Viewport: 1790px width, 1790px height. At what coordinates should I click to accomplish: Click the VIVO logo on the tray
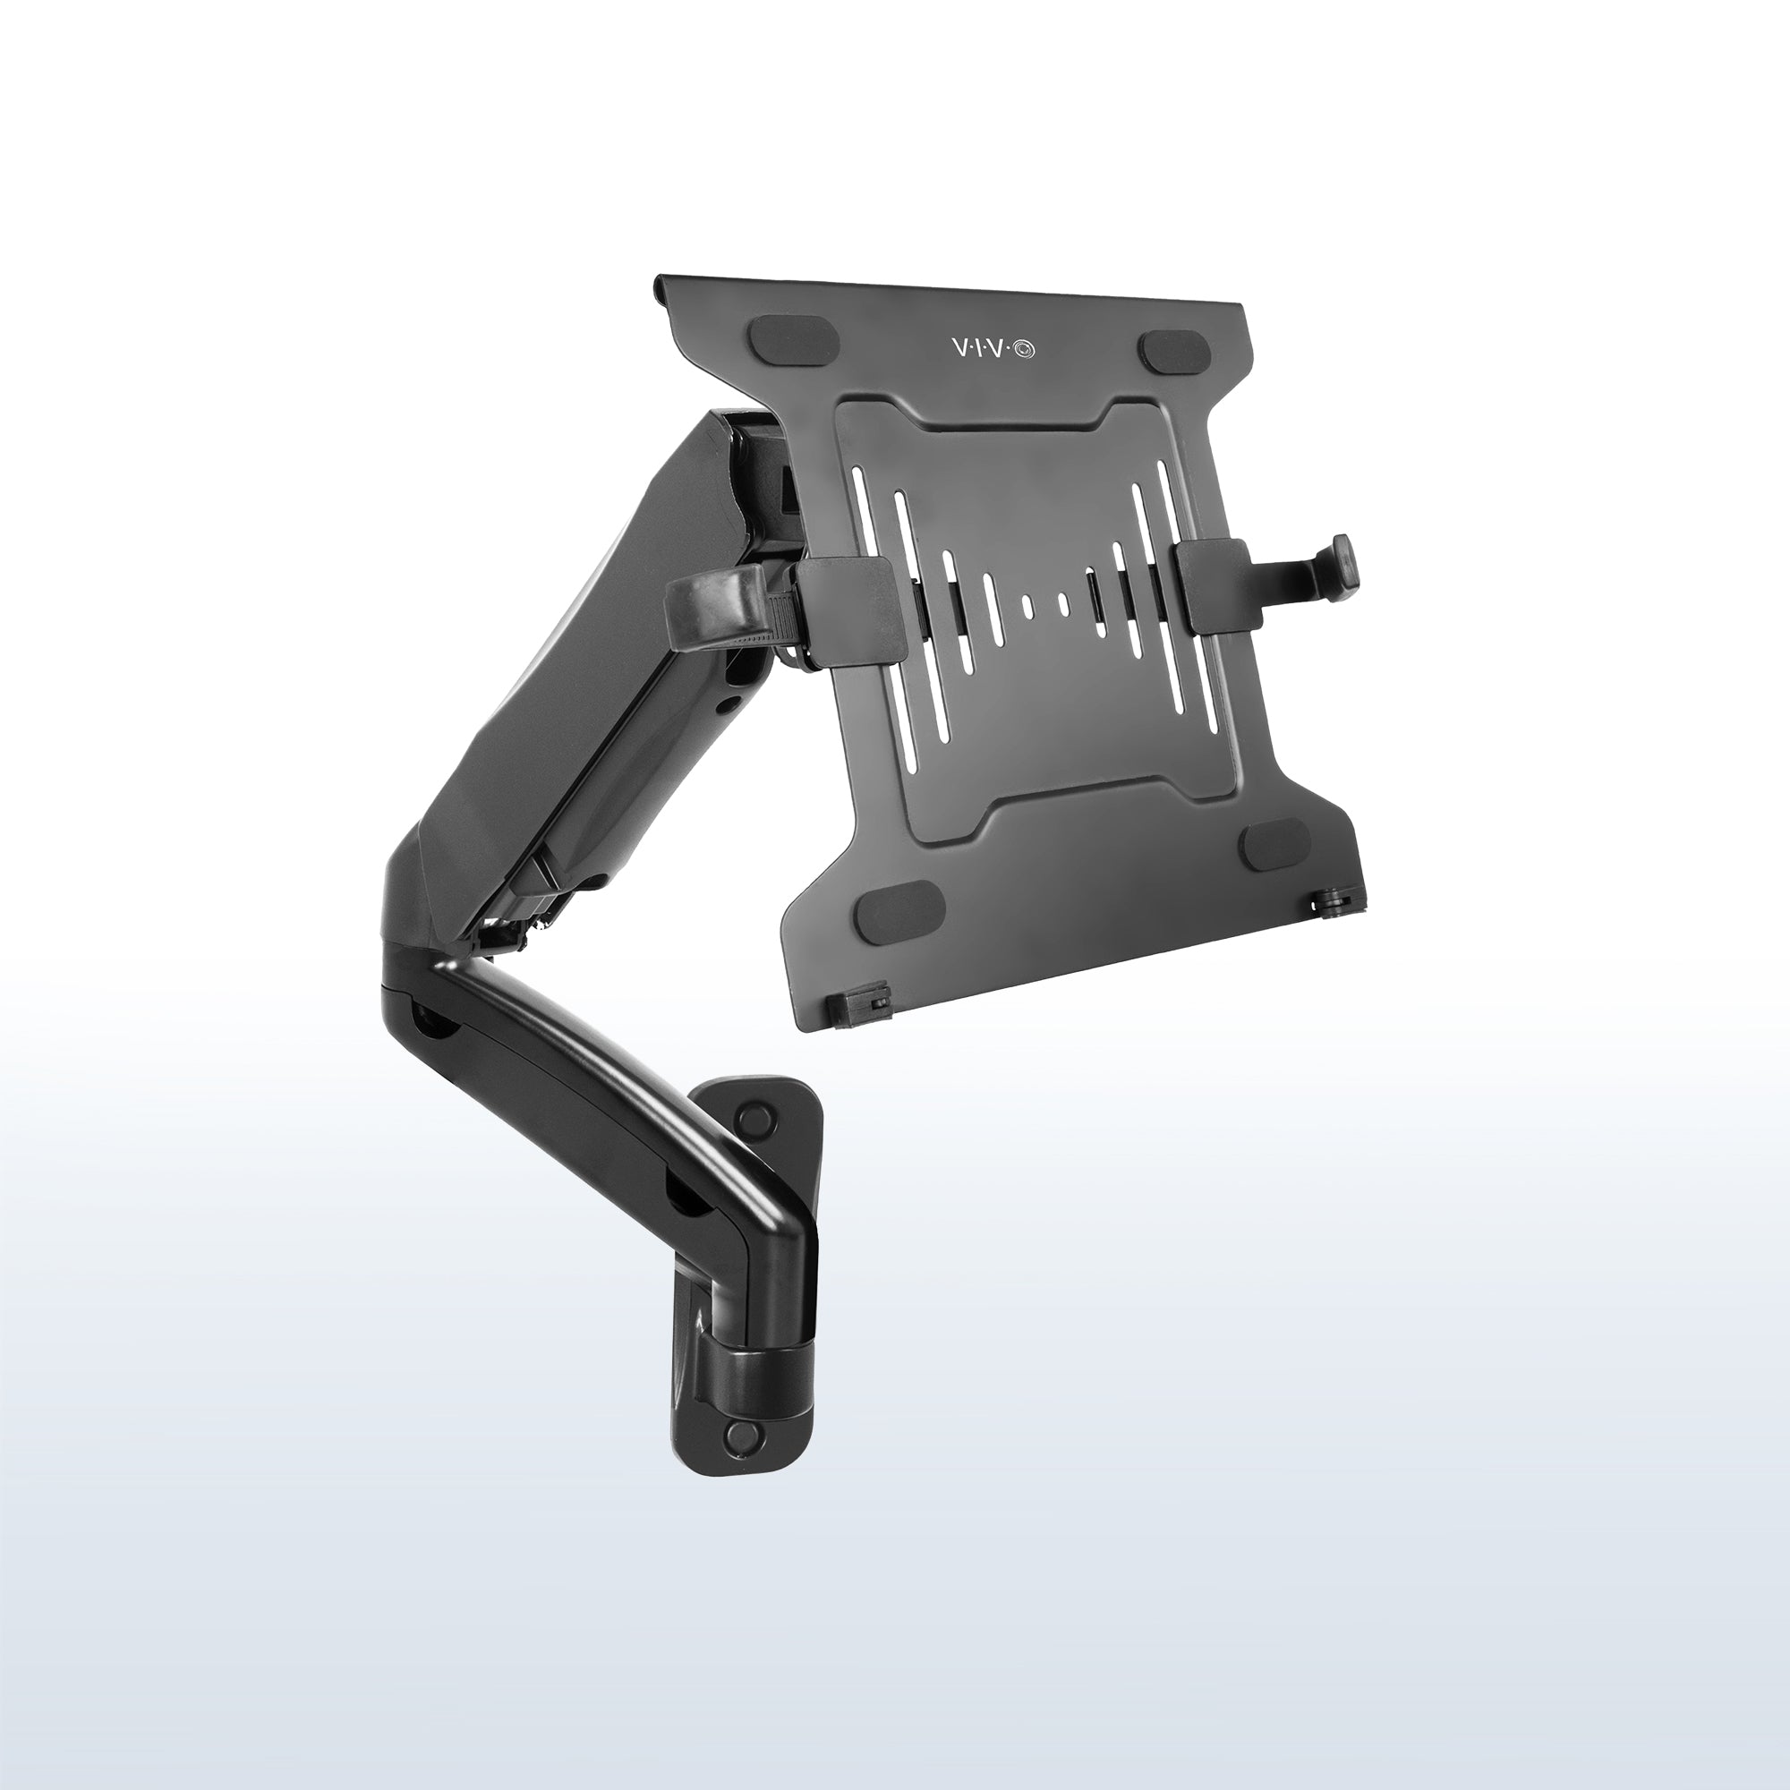pyautogui.click(x=996, y=347)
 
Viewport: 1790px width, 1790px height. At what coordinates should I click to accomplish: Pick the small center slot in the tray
pyautogui.click(x=1027, y=606)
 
